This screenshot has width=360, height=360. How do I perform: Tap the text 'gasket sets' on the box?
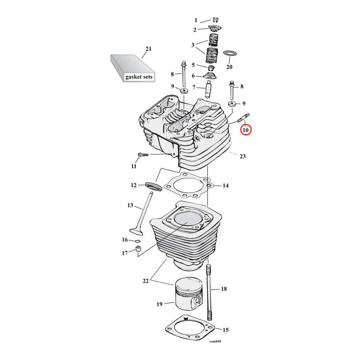(137, 77)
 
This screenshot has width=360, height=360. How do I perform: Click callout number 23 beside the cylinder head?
(242, 157)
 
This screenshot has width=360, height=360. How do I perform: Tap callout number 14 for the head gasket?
(225, 186)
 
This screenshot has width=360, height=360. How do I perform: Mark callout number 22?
(146, 281)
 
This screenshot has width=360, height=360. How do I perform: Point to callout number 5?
(194, 65)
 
